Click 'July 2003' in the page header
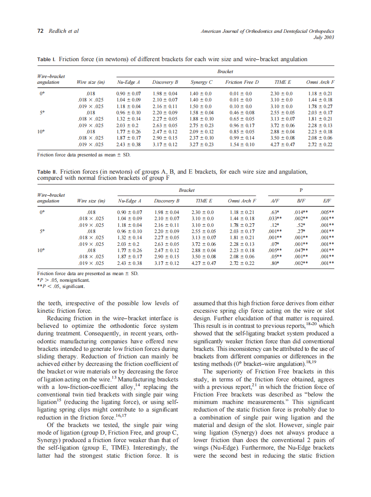point(324,38)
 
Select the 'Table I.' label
point(46,59)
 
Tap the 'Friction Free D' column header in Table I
point(242,82)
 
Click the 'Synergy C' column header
point(201,82)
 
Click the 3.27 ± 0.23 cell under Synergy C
point(201,144)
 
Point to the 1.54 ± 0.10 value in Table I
point(242,144)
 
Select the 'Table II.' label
point(47,171)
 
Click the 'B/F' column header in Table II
point(301,201)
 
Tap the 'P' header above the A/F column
point(301,190)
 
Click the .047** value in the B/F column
point(301,250)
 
